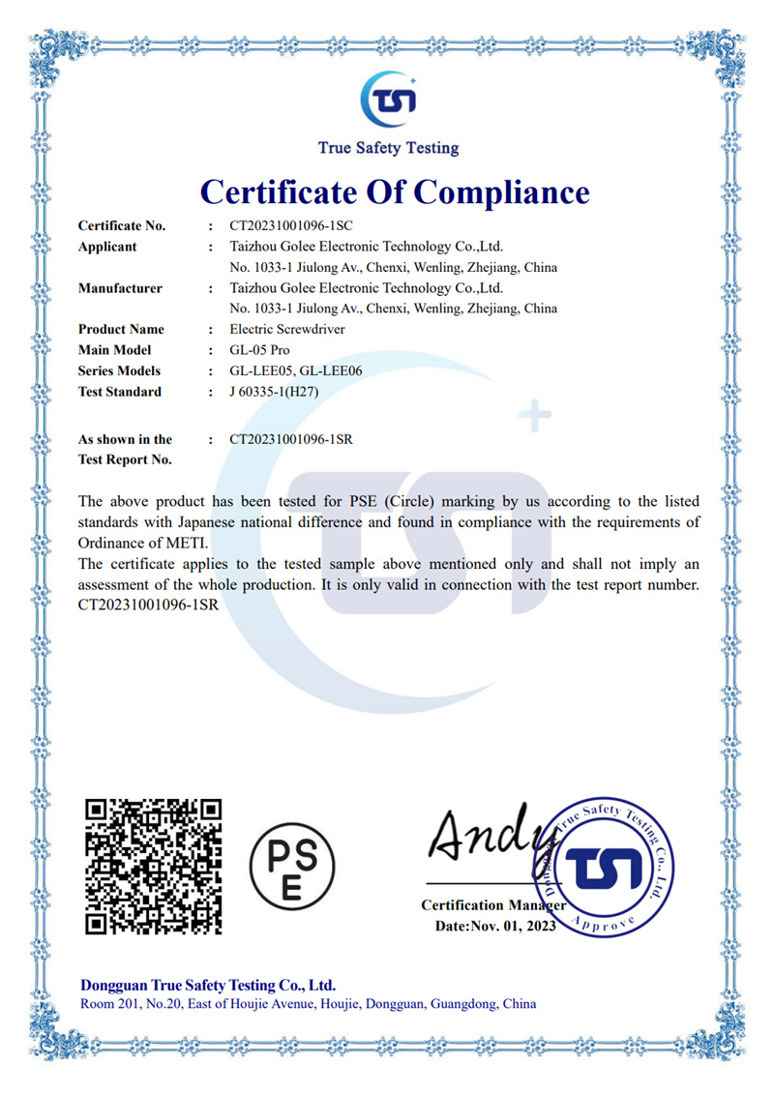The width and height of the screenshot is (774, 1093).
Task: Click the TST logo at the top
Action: (x=388, y=99)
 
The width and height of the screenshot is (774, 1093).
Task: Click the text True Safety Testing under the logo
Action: (x=388, y=148)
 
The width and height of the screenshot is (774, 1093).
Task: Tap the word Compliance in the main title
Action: (x=502, y=192)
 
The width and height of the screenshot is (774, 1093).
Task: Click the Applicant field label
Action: (x=107, y=247)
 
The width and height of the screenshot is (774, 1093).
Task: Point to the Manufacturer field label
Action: (x=120, y=288)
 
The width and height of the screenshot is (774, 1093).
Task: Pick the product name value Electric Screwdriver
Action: (x=287, y=329)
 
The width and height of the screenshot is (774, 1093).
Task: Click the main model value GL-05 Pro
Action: (x=259, y=350)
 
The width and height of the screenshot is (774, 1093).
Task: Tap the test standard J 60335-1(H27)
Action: (x=274, y=392)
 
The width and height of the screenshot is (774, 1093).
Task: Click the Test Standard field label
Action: (x=120, y=392)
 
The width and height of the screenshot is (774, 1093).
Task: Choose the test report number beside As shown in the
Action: (x=290, y=439)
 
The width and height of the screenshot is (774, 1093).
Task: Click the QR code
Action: (x=154, y=867)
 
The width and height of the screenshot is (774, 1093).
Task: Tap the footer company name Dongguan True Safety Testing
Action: (x=208, y=986)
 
